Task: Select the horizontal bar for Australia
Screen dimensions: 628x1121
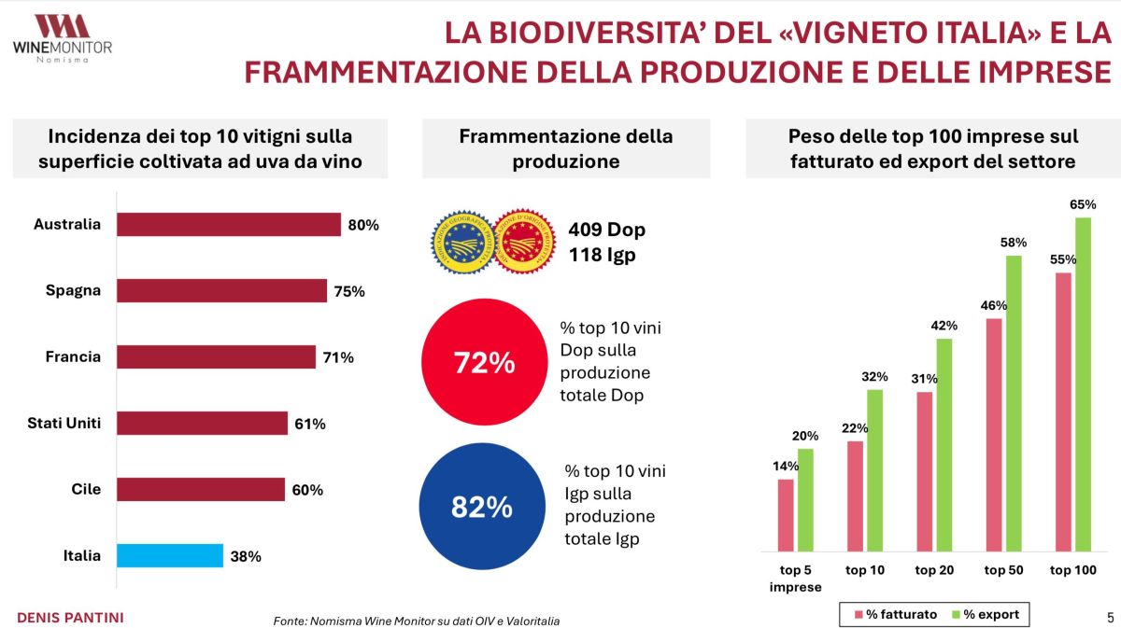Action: (229, 225)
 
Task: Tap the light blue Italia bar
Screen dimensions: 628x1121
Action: (170, 556)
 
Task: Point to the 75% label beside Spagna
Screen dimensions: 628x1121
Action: (349, 291)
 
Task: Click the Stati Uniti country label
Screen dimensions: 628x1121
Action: (64, 424)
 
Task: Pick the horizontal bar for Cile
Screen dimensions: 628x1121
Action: (201, 490)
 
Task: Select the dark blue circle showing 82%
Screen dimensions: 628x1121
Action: (481, 507)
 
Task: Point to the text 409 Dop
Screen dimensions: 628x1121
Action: (606, 230)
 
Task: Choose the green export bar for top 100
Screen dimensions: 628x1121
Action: (1084, 385)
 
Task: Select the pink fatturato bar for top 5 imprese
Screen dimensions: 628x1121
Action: (786, 516)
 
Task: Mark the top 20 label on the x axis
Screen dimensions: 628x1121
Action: (934, 570)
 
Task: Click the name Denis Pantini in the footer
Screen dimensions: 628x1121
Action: (71, 618)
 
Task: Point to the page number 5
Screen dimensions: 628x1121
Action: (1109, 616)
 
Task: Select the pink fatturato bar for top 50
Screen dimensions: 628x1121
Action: (994, 436)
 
